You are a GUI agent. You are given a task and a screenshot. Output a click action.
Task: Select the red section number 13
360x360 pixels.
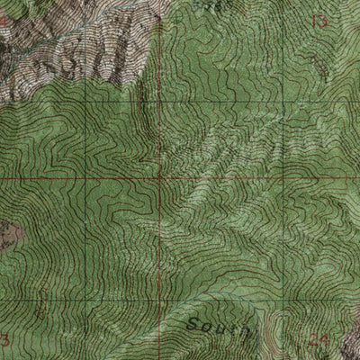tap(319, 20)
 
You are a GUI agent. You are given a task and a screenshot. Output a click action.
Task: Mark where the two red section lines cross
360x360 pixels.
tap(160, 177)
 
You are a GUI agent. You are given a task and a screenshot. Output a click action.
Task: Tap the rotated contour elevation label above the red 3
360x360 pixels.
tap(39, 306)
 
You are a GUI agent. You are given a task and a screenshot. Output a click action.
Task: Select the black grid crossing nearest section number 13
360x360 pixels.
tap(283, 99)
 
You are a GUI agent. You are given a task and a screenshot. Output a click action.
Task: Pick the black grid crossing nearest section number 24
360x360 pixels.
tap(283, 301)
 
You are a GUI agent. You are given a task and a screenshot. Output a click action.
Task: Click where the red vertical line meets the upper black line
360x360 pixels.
tap(160, 99)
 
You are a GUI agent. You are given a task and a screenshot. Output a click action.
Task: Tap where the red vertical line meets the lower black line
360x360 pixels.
tap(160, 301)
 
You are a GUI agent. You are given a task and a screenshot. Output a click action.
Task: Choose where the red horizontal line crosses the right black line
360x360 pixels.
tap(283, 177)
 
